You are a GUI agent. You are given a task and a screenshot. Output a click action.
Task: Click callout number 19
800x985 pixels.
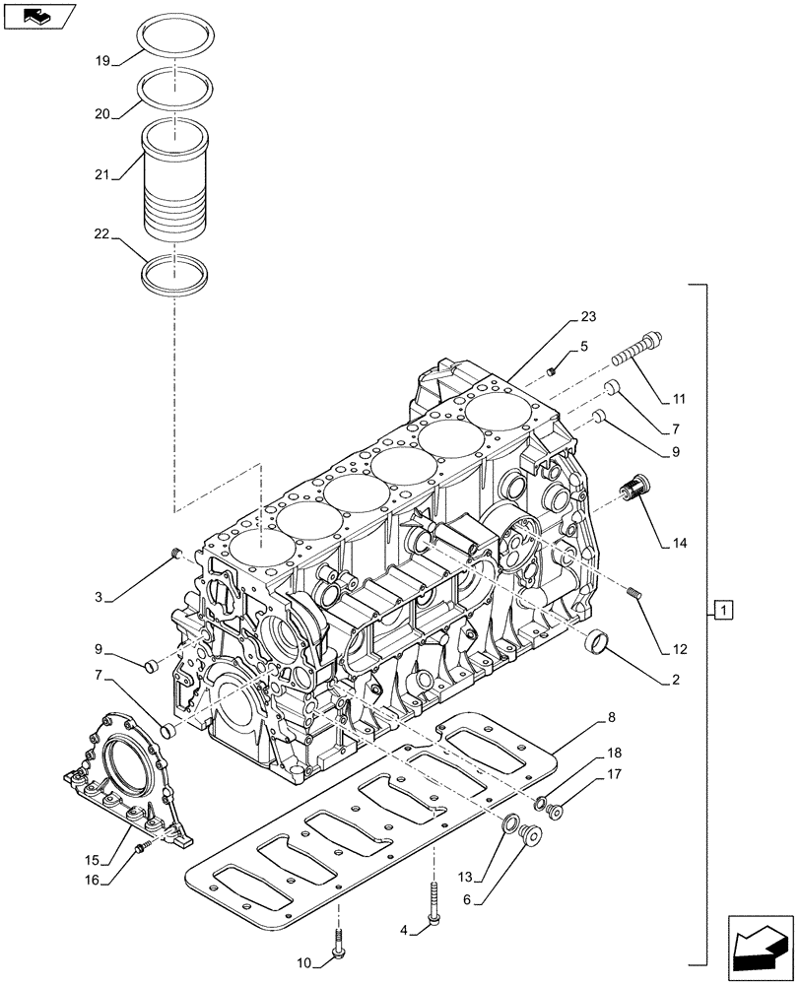point(101,60)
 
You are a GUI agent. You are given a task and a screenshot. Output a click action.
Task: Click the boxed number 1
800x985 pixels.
point(723,611)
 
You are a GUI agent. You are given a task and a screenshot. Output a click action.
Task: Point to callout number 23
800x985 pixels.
point(588,317)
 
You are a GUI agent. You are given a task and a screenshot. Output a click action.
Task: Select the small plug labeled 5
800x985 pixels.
point(553,371)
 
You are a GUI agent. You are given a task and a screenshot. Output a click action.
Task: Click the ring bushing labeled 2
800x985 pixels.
point(597,643)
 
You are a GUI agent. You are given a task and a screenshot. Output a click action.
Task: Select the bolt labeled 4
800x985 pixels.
point(433,905)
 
